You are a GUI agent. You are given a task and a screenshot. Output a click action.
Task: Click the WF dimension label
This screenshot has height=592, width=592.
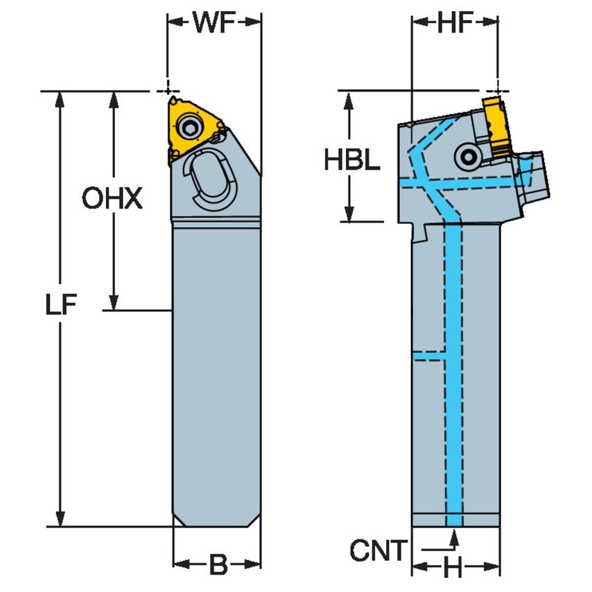[214, 23]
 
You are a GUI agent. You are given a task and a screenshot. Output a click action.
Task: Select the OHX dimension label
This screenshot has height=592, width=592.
[112, 200]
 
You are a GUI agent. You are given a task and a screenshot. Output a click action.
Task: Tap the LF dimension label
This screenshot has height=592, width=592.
[62, 306]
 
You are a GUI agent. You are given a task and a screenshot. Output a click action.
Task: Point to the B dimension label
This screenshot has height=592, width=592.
[218, 565]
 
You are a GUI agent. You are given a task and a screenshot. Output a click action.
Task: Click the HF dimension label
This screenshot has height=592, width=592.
[455, 23]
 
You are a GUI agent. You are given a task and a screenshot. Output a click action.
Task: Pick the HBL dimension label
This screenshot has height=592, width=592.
[352, 160]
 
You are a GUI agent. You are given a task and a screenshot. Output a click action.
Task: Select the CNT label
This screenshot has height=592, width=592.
[378, 551]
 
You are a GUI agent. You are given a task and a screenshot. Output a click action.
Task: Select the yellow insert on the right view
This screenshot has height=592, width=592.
[496, 126]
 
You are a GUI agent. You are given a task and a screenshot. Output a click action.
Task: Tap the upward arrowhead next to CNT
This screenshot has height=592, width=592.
[453, 536]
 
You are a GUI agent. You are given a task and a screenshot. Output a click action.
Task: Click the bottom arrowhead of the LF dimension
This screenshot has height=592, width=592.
[62, 519]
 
